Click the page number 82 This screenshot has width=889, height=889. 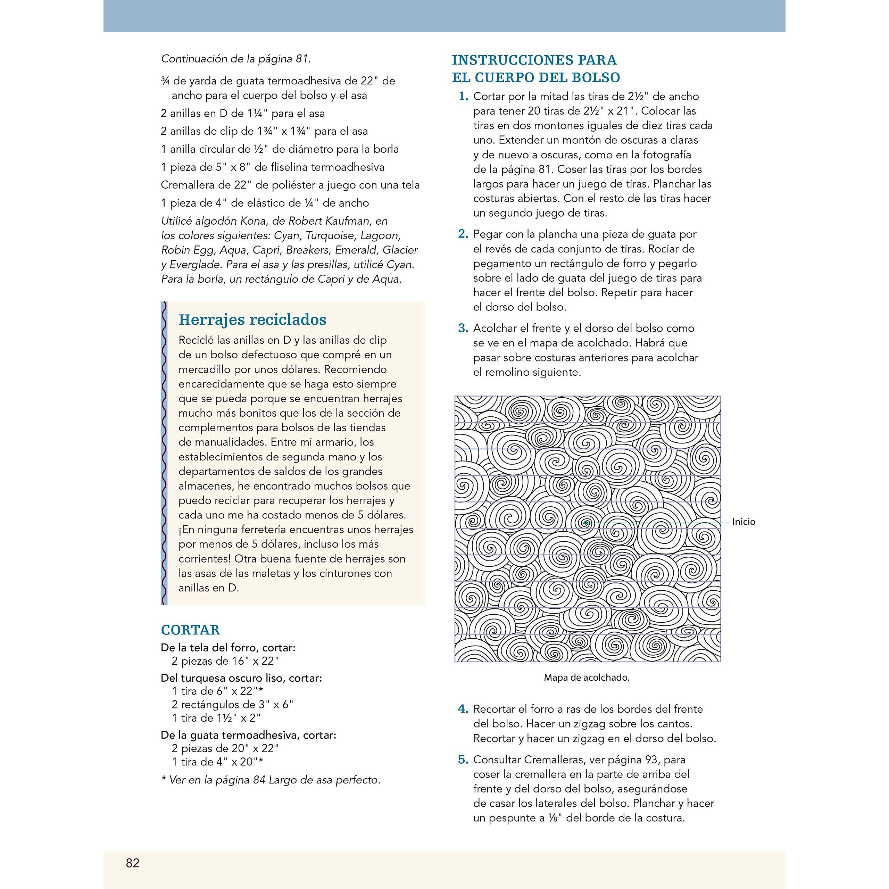click(133, 863)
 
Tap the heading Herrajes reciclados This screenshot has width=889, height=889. click(252, 319)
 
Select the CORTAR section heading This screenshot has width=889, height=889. click(190, 630)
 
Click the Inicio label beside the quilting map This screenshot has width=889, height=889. click(743, 522)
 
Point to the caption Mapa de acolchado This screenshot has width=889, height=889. click(586, 677)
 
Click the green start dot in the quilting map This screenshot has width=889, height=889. click(585, 523)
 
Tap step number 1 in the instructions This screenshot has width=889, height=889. click(463, 97)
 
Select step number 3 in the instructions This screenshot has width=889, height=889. click(463, 329)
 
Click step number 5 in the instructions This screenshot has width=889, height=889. click(463, 760)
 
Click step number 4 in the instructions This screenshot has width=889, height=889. click(463, 709)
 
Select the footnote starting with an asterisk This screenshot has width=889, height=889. click(271, 780)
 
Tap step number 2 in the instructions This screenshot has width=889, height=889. click(463, 234)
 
